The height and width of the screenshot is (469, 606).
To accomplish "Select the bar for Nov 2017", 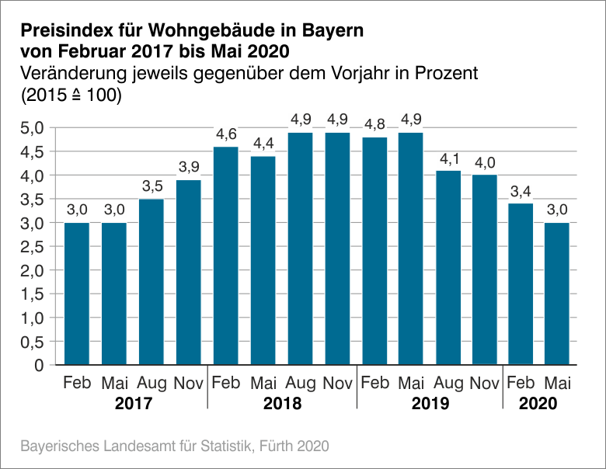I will pos(188,272).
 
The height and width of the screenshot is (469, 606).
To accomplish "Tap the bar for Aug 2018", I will pos(300,248).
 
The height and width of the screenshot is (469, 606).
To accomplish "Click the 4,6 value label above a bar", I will pos(226,133).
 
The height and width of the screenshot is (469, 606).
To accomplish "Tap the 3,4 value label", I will pos(521,190).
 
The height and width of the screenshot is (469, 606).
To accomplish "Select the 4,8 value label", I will pos(375,123).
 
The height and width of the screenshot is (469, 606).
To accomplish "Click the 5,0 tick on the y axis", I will pos(33,128).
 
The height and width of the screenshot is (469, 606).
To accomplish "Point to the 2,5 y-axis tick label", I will pos(33,247).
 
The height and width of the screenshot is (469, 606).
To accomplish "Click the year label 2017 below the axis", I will pos(133,405).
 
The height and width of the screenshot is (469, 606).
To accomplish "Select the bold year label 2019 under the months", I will pos(430,405).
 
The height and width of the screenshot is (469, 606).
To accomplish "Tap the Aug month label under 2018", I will pos(301,384).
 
